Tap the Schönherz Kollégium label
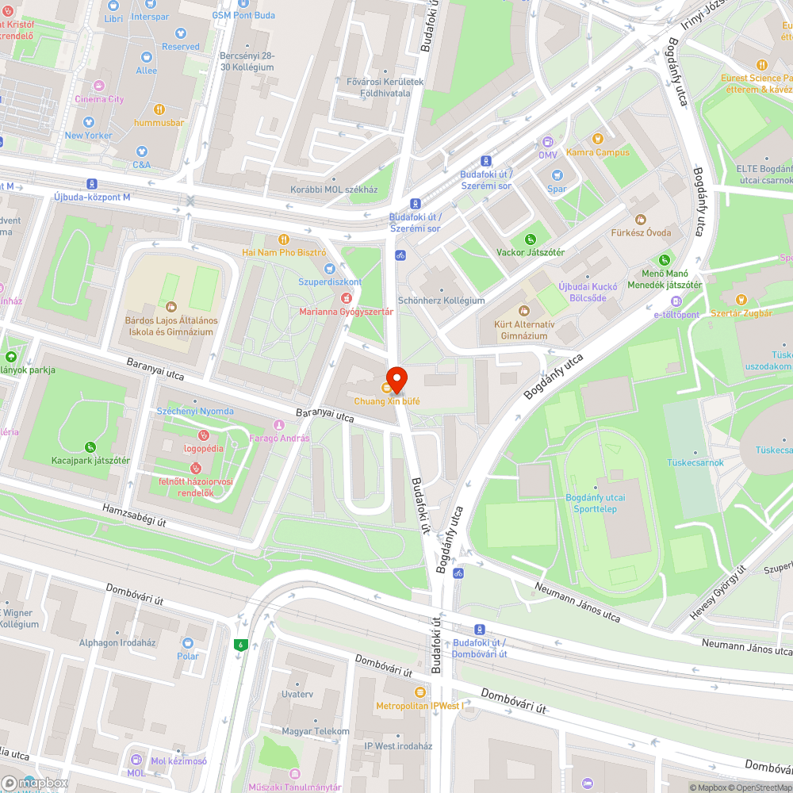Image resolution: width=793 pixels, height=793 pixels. pos(441,301)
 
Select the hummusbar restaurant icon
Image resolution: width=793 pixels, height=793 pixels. pos(159,109)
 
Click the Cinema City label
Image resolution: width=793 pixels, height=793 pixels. pos(100,99)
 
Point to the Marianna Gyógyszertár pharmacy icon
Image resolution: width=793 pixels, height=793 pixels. pos(346,298)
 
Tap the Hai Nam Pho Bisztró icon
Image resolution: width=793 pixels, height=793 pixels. pos(284,239)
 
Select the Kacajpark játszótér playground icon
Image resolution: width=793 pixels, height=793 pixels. pos(90,447)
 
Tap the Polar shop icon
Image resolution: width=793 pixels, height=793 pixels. pos(188,643)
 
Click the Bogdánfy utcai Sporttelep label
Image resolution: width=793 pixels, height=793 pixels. pos(596,503)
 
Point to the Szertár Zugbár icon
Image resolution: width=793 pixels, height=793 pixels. pos(741,300)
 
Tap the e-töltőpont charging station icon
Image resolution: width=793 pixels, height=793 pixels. pos(676,301)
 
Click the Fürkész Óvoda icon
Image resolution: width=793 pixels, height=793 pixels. pos(641,219)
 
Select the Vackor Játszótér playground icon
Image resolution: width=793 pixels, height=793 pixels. pos(530,239)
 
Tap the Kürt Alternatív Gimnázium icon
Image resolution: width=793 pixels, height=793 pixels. pos(523,311)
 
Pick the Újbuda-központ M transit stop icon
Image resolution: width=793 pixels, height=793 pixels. pos(92,183)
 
